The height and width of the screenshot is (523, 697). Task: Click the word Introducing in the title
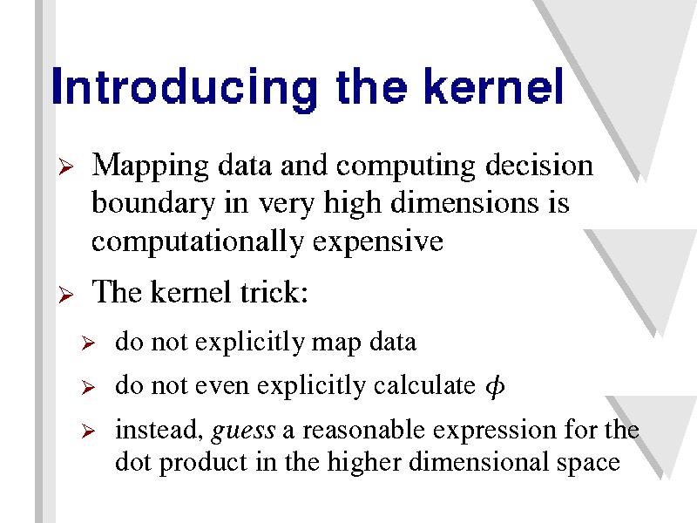point(184,88)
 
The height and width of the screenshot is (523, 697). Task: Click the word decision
point(538,165)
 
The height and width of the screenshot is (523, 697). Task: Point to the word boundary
point(153,205)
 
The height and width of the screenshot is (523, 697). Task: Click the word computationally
point(198,243)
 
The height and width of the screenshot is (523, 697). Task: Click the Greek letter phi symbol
point(495,385)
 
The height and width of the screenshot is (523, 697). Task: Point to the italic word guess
point(243,431)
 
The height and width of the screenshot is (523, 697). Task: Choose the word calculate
point(424,385)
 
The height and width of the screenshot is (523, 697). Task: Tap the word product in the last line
point(203,463)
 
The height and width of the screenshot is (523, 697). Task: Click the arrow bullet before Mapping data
point(66,167)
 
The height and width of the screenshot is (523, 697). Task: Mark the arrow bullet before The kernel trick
point(66,295)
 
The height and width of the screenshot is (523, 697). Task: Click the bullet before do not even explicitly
point(89,387)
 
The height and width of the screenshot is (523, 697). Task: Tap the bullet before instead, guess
point(89,431)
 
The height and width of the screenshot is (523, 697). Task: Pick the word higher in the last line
point(364,462)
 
